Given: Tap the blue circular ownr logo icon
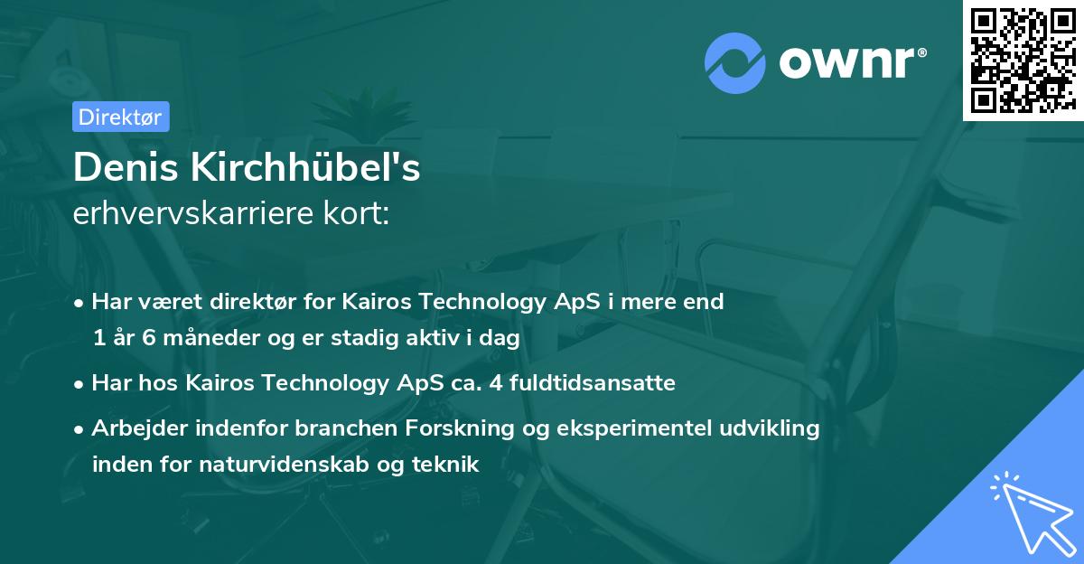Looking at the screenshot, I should point(735,63).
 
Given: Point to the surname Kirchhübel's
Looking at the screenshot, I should point(304,167).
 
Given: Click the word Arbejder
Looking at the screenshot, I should point(135,428).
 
